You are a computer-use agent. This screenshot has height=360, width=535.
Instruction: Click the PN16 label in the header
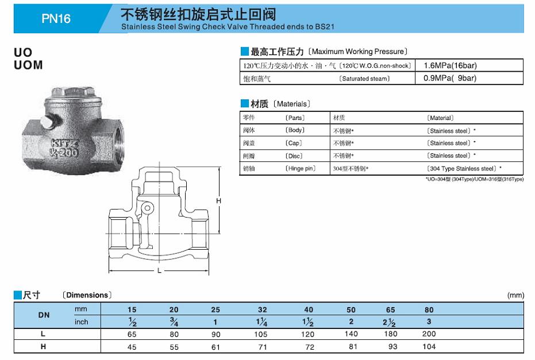click(x=56, y=18)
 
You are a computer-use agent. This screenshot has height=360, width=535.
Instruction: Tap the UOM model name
click(x=28, y=65)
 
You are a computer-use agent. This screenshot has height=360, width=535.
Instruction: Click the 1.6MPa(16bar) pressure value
click(x=450, y=65)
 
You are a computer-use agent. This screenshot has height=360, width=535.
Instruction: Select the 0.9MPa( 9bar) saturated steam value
click(x=450, y=78)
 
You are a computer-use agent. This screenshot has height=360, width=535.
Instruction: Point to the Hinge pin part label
click(x=300, y=168)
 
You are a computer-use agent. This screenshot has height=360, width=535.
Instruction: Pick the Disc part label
click(x=294, y=156)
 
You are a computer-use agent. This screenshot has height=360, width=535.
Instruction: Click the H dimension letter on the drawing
click(x=219, y=201)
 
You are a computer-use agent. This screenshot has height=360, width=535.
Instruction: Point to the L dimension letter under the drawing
click(x=159, y=270)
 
